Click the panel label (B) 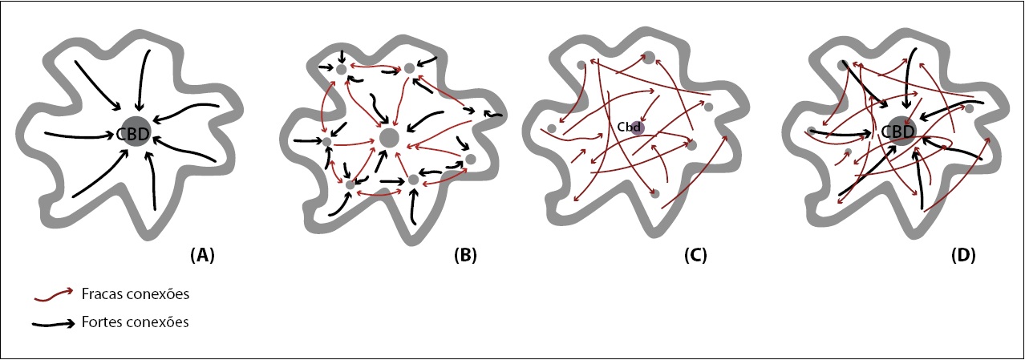click(464, 256)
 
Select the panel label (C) click(695, 256)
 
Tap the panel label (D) click(962, 256)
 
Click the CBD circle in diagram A click(134, 133)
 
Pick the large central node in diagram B click(389, 137)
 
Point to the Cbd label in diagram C click(628, 127)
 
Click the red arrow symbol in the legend click(54, 296)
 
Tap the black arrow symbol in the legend click(54, 324)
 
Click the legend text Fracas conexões click(135, 294)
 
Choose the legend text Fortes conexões click(135, 322)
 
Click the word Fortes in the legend click(99, 322)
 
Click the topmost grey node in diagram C click(648, 57)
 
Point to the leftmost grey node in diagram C click(552, 128)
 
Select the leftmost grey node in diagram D click(812, 130)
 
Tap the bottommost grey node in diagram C click(655, 193)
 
